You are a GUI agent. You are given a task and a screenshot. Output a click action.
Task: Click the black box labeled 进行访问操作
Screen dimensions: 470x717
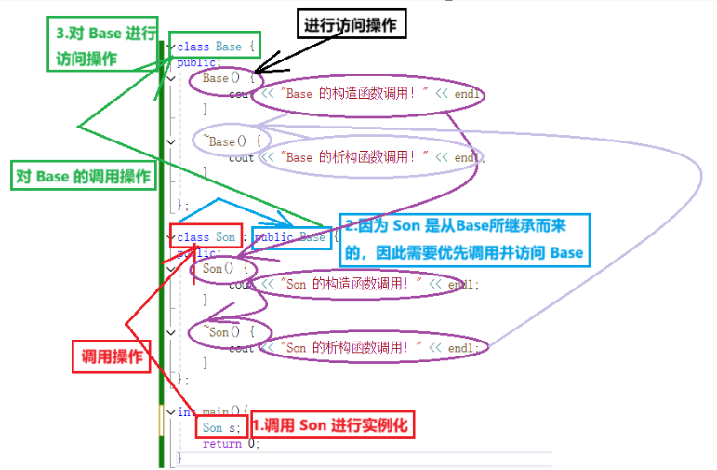pos(351,25)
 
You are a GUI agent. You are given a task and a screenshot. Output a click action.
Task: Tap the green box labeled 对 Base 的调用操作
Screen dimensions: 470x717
pos(82,177)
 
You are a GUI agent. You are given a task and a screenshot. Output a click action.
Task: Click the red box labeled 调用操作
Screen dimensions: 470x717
pos(111,356)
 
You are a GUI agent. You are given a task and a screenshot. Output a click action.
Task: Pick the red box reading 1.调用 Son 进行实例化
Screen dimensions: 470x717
pos(330,426)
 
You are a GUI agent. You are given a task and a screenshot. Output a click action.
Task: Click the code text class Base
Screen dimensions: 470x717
pos(209,47)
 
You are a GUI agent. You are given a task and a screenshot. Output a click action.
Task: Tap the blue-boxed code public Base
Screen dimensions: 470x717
pos(290,237)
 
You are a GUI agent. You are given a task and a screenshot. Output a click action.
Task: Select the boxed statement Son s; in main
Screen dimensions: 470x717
pos(221,427)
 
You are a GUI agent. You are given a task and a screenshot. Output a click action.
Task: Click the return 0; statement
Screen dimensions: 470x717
pos(231,443)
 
